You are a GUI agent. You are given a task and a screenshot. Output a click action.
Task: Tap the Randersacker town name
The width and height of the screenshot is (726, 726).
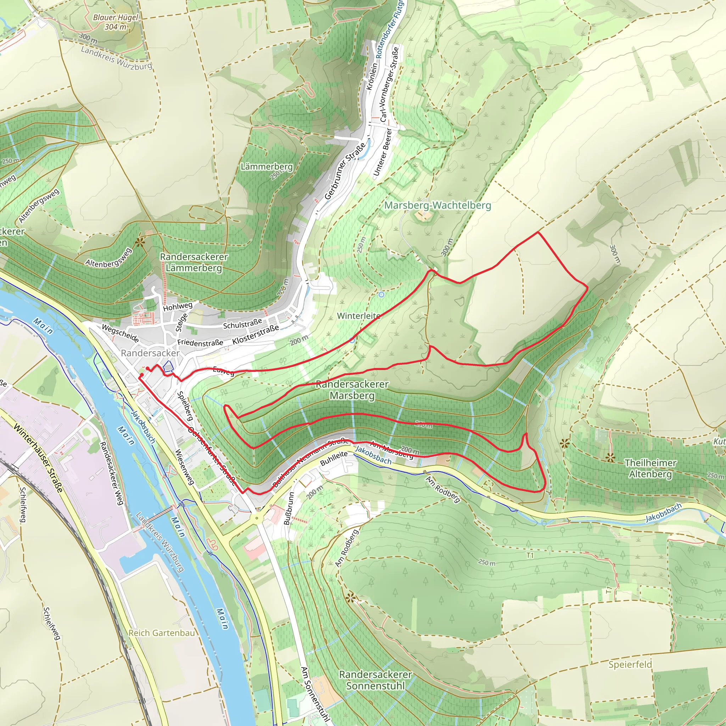150,353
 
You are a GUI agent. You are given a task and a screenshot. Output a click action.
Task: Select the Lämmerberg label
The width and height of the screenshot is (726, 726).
266,167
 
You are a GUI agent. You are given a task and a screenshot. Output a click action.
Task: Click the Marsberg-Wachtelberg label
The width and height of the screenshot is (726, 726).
437,205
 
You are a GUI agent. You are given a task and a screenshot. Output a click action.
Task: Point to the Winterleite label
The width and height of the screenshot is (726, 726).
358,315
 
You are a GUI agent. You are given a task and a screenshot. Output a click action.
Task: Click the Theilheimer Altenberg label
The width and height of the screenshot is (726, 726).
650,468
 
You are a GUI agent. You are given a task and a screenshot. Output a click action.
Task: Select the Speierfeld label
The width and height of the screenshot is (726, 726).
630,664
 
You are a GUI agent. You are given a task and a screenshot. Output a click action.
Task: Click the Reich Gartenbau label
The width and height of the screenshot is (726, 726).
162,633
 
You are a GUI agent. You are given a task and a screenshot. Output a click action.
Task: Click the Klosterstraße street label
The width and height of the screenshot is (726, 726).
256,334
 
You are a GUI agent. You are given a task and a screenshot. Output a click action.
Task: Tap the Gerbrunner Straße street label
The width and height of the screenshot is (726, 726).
345,171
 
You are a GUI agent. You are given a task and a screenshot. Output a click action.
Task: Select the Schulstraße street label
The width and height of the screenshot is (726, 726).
242,324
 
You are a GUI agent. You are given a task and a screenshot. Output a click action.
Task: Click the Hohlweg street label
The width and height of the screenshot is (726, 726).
177,307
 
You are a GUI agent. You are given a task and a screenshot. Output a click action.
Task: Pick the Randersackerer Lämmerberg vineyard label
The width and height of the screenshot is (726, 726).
194,262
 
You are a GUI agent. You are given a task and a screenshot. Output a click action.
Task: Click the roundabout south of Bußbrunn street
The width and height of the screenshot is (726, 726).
257,518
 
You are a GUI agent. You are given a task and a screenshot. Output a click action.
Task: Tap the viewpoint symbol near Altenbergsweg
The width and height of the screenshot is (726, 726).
140,242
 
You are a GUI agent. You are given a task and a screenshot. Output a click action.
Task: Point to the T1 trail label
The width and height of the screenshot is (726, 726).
530,555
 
